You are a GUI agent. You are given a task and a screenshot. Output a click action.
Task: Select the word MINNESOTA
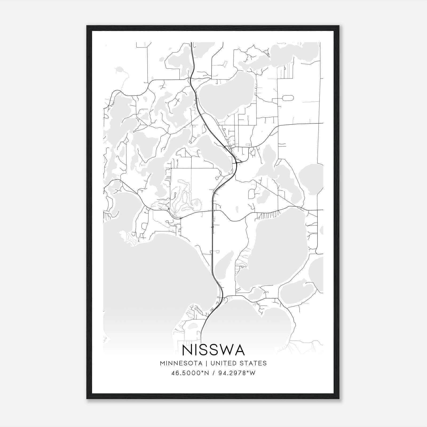(181, 363)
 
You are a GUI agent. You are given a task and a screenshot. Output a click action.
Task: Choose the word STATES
(254, 363)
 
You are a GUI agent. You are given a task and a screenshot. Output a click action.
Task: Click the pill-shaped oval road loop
(287, 98)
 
